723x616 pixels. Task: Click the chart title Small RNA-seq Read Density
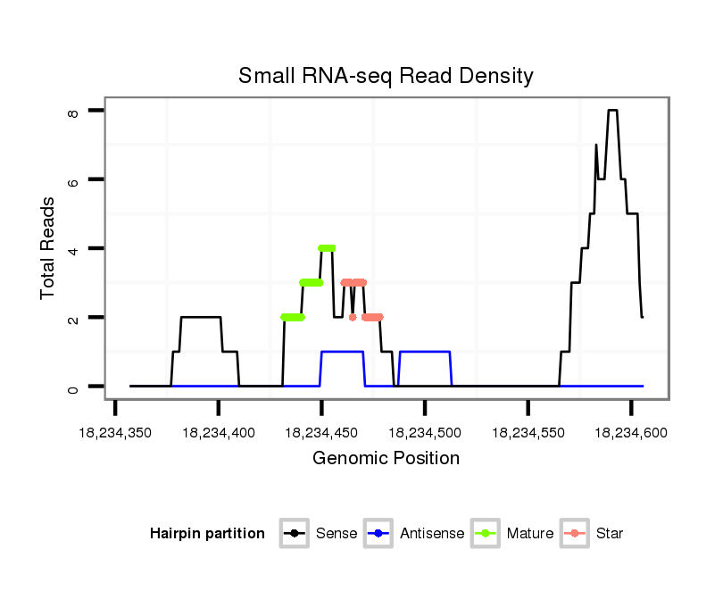[386, 76]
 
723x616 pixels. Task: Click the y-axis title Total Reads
[48, 247]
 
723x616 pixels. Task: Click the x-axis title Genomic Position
[386, 459]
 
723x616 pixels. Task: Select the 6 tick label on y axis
[73, 180]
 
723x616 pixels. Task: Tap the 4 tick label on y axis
[73, 249]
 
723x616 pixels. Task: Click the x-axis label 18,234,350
[115, 433]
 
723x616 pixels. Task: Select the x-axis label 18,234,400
[219, 433]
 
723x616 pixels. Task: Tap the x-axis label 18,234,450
[321, 433]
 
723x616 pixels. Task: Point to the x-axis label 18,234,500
[425, 433]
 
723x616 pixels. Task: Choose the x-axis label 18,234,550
[528, 433]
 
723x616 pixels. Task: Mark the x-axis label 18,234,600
[631, 433]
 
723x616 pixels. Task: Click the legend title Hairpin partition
[207, 534]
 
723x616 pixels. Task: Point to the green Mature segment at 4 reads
[327, 248]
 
